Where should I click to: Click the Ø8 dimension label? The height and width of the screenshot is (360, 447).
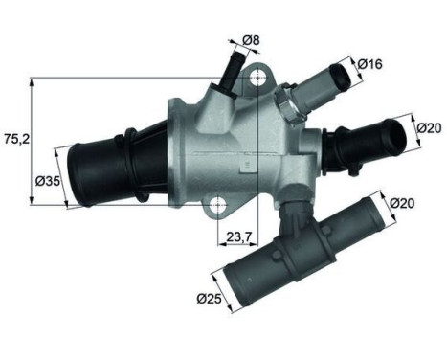tap(252, 39)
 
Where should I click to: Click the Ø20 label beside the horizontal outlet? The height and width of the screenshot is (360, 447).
tap(429, 125)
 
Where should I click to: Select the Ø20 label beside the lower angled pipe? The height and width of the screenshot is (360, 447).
tap(402, 203)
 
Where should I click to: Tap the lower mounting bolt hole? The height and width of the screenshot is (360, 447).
tap(222, 206)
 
